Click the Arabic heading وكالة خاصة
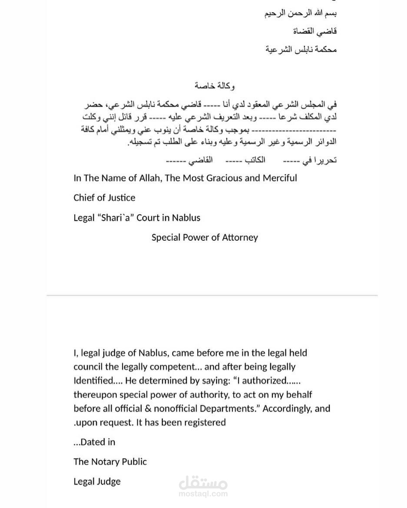point(215,86)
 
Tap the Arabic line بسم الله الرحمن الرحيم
point(301,13)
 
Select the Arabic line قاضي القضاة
point(319,31)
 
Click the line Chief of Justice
point(104,198)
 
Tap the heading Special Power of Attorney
point(205,238)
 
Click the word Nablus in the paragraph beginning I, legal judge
point(154,353)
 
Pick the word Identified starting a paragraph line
point(93,381)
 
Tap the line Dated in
point(95,442)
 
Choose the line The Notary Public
point(110,462)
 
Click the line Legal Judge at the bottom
point(97,482)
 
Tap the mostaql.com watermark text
point(203,493)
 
